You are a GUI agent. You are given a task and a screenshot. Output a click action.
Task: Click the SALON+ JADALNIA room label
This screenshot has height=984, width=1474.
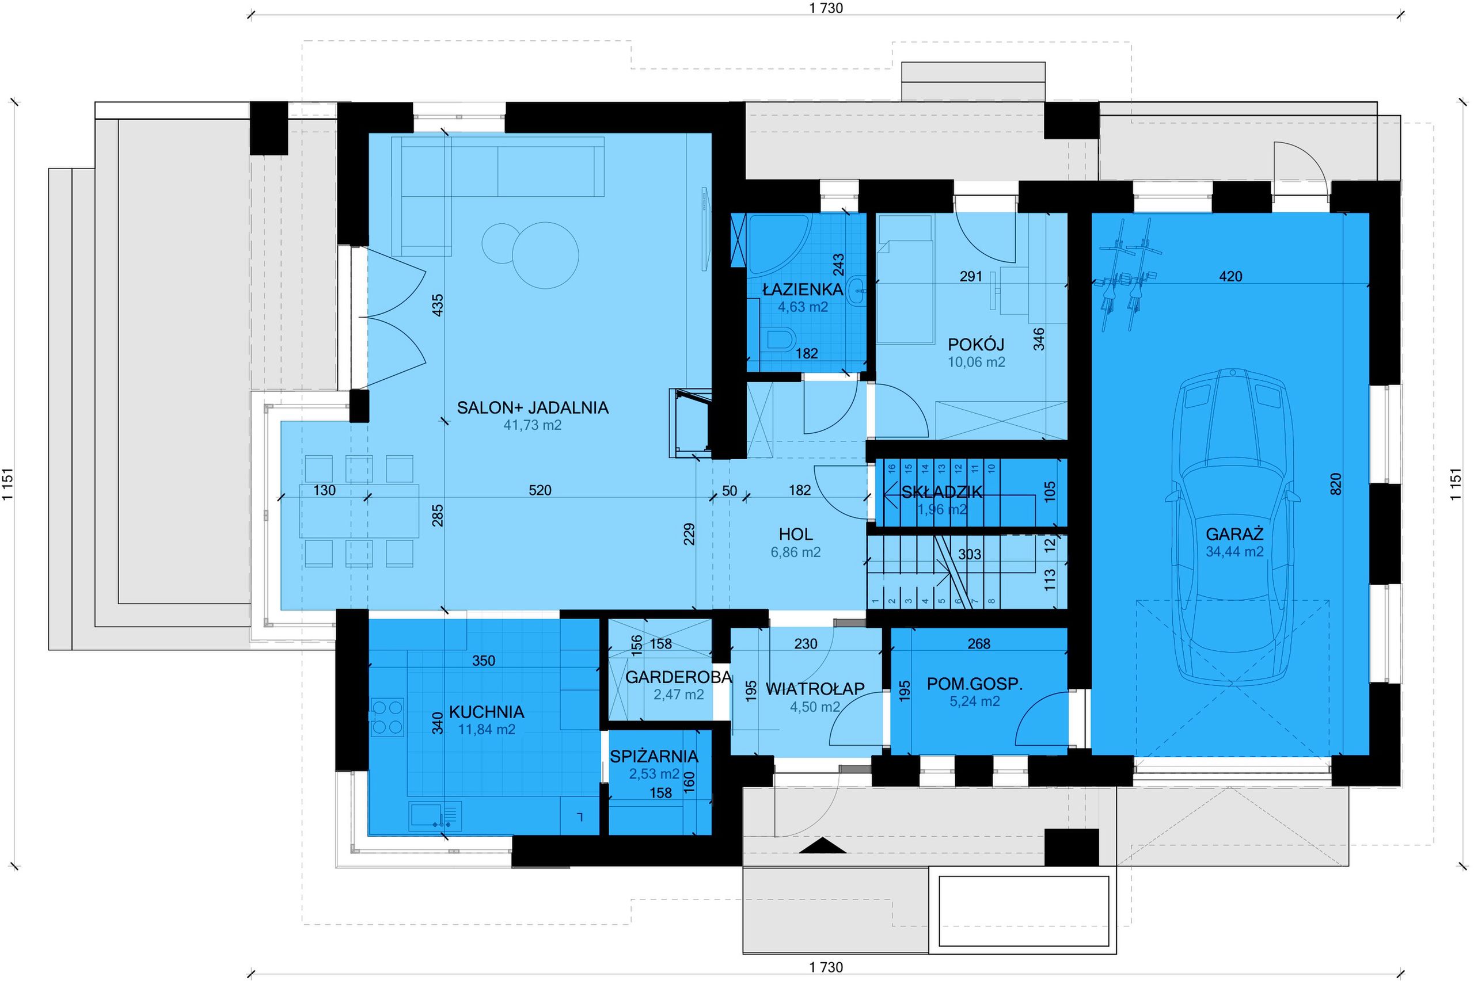tap(533, 408)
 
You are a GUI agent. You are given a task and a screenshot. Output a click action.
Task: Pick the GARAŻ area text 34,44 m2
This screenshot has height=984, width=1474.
tap(1234, 552)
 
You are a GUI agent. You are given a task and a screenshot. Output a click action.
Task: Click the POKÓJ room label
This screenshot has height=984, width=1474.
tap(976, 345)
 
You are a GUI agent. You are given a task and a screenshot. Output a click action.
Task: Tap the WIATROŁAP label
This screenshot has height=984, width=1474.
tap(815, 689)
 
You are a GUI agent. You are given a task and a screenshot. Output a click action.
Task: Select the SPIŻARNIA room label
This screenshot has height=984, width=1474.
tap(654, 756)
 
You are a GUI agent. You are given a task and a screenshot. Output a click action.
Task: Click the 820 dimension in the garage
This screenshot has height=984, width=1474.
tap(1335, 484)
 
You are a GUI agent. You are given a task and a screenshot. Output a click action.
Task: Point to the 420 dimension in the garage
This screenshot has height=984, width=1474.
tap(1230, 276)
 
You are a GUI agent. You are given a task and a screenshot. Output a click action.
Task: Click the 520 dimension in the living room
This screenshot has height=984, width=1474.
tap(540, 490)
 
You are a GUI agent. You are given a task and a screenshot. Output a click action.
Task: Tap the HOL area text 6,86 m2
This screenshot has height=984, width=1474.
tap(795, 552)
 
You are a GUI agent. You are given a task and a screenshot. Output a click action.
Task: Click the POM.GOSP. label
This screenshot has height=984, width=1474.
tap(975, 685)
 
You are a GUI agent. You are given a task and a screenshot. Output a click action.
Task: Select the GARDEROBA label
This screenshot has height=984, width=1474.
tap(679, 678)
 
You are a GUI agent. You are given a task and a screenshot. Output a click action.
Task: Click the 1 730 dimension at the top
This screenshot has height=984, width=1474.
tap(826, 8)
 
